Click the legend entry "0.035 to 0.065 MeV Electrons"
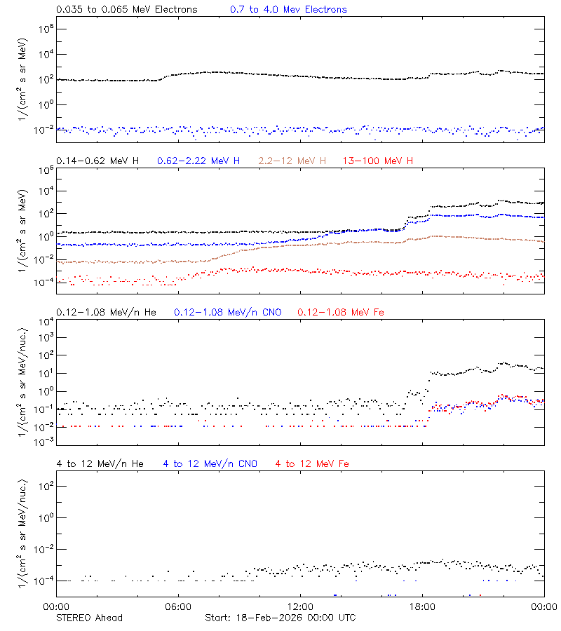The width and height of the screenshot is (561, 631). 126,10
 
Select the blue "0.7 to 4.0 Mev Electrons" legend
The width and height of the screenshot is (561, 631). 288,10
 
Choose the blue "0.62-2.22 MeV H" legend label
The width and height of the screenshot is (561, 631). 198,161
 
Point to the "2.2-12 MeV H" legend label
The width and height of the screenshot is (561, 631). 292,161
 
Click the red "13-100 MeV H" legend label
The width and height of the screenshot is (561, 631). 378,161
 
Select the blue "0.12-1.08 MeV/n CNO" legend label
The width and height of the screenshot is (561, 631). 227,312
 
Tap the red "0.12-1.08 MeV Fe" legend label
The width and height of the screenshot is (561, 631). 341,312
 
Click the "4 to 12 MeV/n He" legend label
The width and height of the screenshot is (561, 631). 100,463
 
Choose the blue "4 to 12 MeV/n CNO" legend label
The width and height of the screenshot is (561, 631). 210,463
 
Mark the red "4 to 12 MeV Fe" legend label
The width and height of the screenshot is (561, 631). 313,463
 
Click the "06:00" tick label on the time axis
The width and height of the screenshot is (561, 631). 178,606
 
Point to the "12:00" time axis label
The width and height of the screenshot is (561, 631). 300,606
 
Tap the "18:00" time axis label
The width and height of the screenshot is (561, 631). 422,606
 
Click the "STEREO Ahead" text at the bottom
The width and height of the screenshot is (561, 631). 89,618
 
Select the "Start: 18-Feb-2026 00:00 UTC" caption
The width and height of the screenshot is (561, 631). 280,618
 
